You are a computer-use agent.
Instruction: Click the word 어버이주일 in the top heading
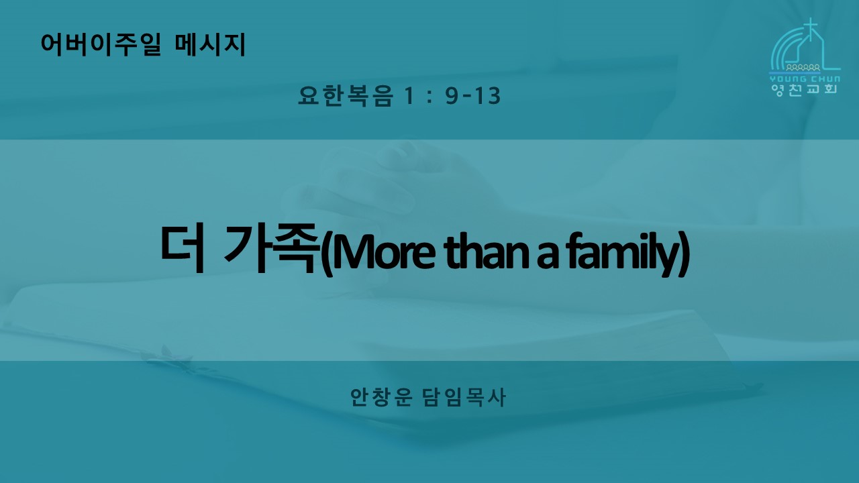coord(101,45)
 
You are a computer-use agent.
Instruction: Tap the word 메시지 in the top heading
coord(210,45)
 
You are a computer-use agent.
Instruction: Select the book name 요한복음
coord(346,96)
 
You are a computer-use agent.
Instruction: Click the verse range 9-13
coord(473,96)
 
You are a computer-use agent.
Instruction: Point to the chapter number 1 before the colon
coord(409,96)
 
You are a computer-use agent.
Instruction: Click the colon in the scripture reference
coord(429,97)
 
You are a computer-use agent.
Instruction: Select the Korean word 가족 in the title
coord(272,248)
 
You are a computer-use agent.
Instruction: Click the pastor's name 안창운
coord(381,397)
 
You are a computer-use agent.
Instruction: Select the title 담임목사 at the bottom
coord(464,397)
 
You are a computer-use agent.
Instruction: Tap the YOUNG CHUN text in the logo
coord(805,79)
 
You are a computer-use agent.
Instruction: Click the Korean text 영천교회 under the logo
coord(804,89)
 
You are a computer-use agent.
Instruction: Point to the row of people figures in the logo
coord(803,68)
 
